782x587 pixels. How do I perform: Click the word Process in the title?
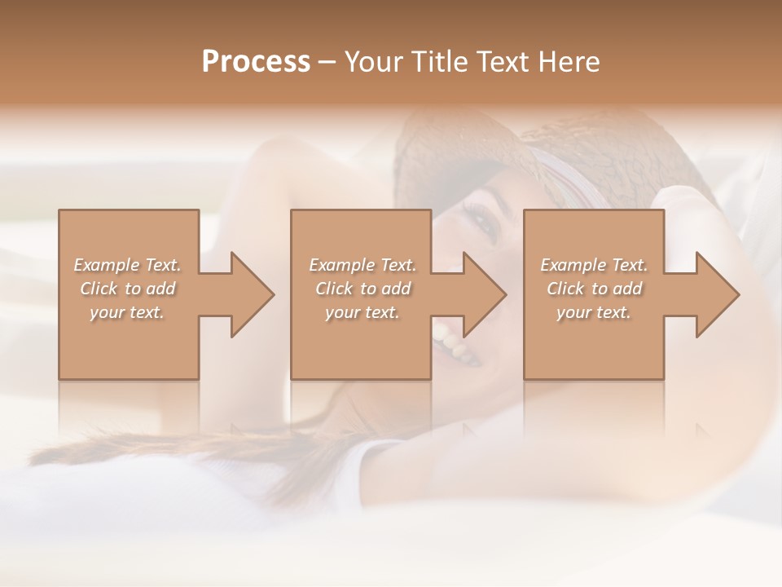256,61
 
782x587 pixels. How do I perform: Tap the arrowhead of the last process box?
714,294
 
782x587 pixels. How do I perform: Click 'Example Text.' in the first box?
128,265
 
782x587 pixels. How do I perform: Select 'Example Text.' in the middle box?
362,265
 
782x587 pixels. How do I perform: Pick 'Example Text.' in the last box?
594,265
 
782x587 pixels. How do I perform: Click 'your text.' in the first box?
128,312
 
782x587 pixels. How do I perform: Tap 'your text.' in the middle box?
362,312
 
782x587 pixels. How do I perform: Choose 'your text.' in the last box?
594,312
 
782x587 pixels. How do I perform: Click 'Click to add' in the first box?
128,289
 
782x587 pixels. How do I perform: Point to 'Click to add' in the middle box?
362,289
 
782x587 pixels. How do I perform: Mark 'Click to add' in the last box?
594,289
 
